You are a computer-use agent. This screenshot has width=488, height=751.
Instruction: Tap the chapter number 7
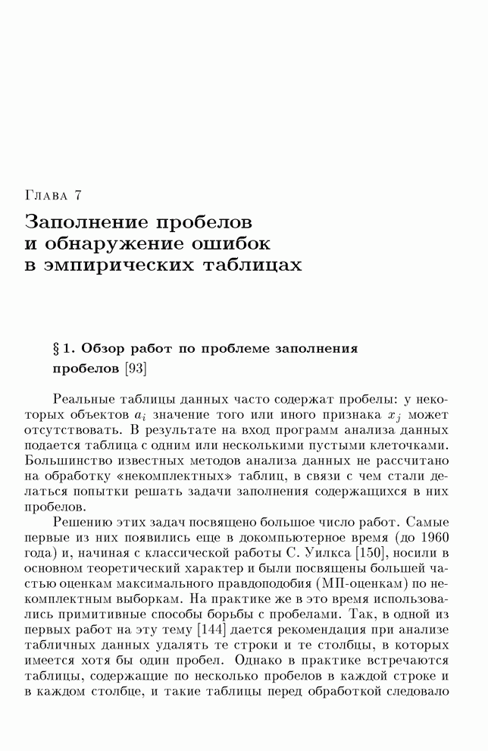tap(77, 196)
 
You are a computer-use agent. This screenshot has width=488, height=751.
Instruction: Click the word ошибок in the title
tap(232, 244)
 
